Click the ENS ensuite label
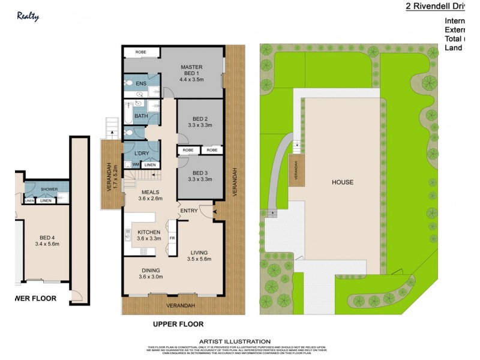[x=140, y=83]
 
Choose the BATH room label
[x=141, y=116]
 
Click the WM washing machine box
[x=136, y=164]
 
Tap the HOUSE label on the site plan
[x=343, y=182]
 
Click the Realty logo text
[x=28, y=17]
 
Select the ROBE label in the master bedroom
[x=140, y=52]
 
